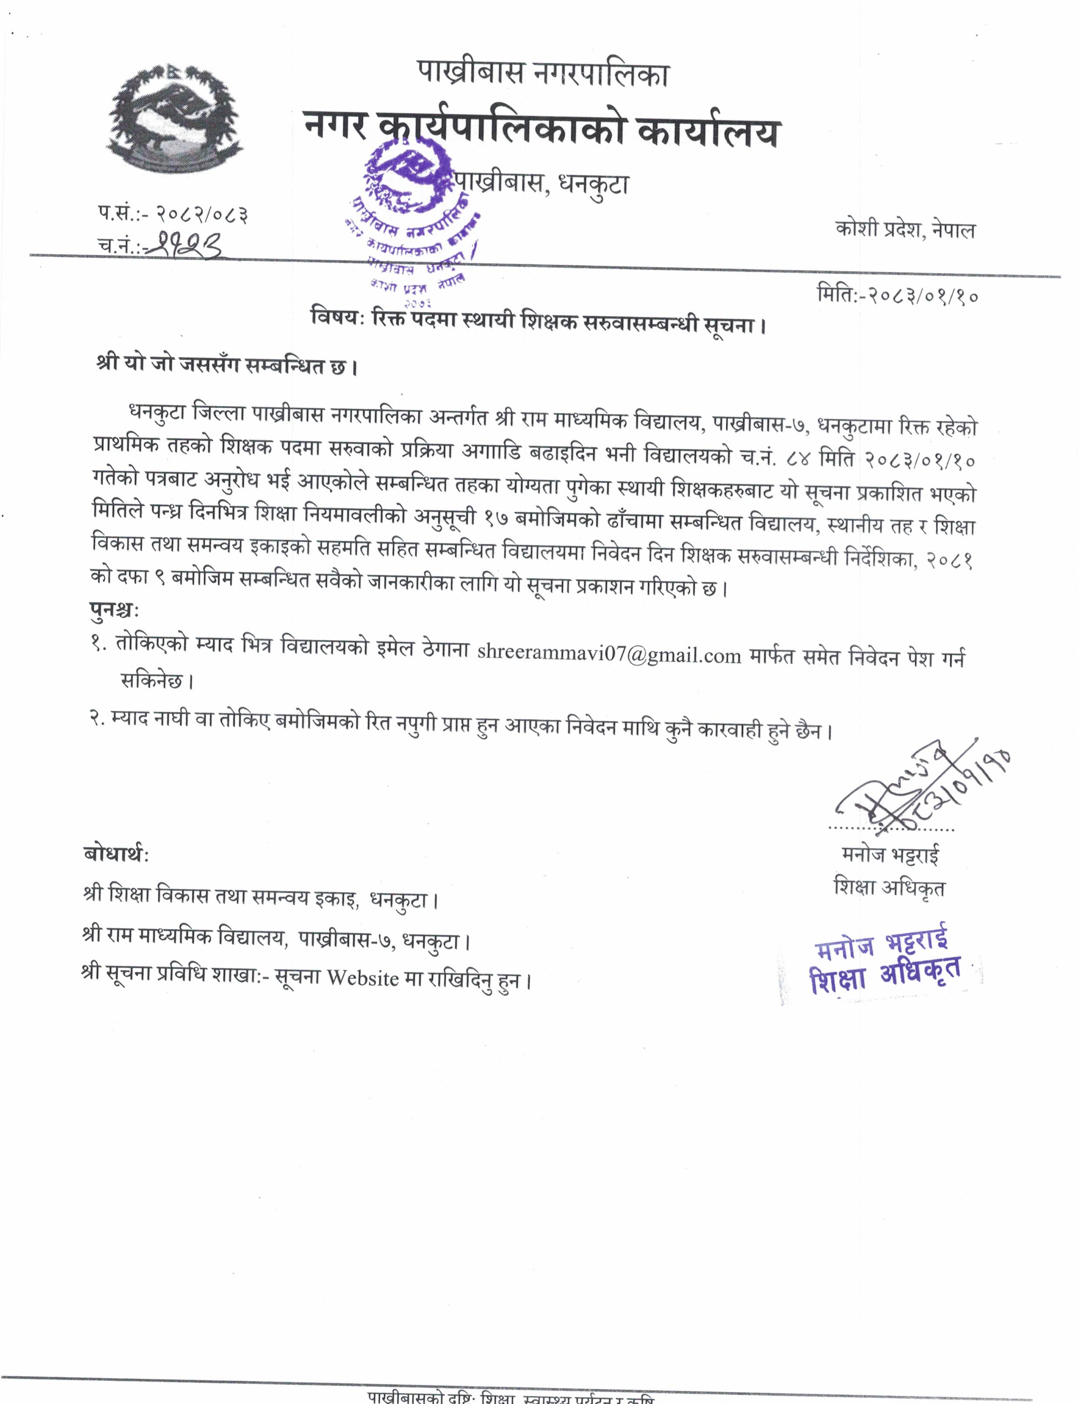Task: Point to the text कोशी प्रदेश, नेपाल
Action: point(905,230)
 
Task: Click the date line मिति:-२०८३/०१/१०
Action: point(897,296)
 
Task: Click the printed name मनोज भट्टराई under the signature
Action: point(890,855)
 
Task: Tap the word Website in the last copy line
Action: point(363,977)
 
